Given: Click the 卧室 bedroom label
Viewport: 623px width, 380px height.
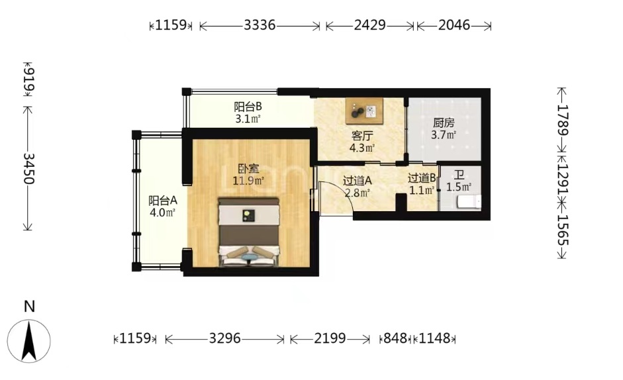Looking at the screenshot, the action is (x=248, y=169).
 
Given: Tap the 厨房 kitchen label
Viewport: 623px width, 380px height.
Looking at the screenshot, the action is (x=444, y=122).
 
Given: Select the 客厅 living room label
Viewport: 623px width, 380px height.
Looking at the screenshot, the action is (x=362, y=136).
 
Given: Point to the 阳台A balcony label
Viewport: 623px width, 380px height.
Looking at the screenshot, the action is (x=163, y=200).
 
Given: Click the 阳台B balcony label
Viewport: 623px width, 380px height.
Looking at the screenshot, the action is (x=248, y=107).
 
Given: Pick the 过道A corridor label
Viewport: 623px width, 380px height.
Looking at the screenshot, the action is (x=358, y=181).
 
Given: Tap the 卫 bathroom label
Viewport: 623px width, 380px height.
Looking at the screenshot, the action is (x=459, y=175).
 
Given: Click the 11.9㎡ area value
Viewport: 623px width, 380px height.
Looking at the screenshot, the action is (x=248, y=181).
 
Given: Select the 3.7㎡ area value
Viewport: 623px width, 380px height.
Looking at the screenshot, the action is (x=444, y=135).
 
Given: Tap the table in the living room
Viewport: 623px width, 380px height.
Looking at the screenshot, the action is (x=364, y=111).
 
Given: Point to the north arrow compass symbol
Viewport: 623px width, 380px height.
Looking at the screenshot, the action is (x=29, y=341).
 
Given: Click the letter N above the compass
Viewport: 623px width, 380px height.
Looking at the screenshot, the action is (x=29, y=307).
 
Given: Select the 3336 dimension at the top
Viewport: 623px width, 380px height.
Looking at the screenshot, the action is (x=260, y=25).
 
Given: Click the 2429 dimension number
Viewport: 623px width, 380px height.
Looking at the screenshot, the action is (x=369, y=25).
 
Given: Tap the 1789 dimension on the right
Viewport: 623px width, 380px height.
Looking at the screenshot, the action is (x=562, y=120).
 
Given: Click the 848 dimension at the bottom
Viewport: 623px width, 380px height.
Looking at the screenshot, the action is (x=395, y=339).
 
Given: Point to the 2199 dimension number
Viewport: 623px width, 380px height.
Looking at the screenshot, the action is (x=330, y=339).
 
